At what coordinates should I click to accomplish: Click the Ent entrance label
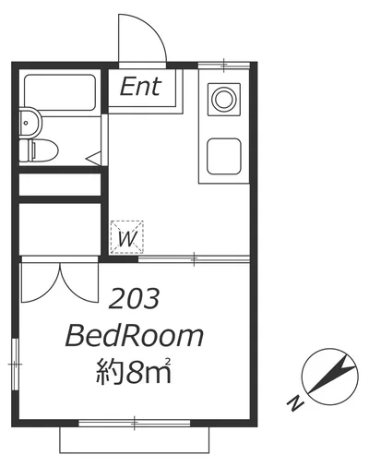pyautogui.click(x=141, y=87)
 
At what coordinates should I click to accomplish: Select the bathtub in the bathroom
pyautogui.click(x=60, y=92)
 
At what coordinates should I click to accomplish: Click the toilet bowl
pyautogui.click(x=39, y=150)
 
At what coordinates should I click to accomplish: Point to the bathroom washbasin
pyautogui.click(x=30, y=123)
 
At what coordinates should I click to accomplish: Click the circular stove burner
pyautogui.click(x=224, y=99)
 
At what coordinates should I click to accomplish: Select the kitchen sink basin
pyautogui.click(x=224, y=156)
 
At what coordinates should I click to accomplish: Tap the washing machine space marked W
pyautogui.click(x=127, y=237)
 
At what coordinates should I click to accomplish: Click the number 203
pyautogui.click(x=135, y=298)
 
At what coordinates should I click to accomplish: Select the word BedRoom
pyautogui.click(x=135, y=337)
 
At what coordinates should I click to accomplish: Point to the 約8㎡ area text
pyautogui.click(x=134, y=371)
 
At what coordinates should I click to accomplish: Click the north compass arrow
pyautogui.click(x=333, y=375)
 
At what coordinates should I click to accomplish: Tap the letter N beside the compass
pyautogui.click(x=296, y=403)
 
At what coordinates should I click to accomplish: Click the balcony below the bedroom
pyautogui.click(x=135, y=440)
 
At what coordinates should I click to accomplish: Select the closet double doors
pyautogui.click(x=60, y=282)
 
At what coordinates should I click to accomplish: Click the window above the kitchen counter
pyautogui.click(x=223, y=66)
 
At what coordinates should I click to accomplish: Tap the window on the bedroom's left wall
pyautogui.click(x=15, y=365)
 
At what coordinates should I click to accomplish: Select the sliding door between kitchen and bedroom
pyautogui.click(x=194, y=259)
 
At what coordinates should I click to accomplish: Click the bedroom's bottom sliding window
pyautogui.click(x=135, y=423)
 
